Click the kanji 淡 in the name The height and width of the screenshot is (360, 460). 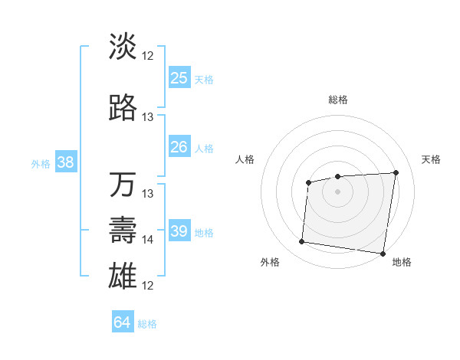pyautogui.click(x=123, y=47)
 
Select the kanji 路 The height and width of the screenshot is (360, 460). pyautogui.click(x=123, y=108)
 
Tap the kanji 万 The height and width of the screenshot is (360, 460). pyautogui.click(x=123, y=185)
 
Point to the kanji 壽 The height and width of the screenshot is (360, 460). pyautogui.click(x=123, y=231)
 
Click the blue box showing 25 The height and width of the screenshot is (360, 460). pyautogui.click(x=179, y=77)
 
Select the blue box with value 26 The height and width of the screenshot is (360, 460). pyautogui.click(x=179, y=147)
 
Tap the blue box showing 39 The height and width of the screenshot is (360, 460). pyautogui.click(x=179, y=231)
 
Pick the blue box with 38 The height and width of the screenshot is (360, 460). pyautogui.click(x=65, y=162)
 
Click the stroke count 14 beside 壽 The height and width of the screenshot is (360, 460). pyautogui.click(x=148, y=240)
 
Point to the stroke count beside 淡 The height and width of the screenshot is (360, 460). pyautogui.click(x=148, y=56)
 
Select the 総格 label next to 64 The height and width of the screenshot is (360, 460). pyautogui.click(x=147, y=324)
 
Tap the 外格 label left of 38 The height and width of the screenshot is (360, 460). pyautogui.click(x=41, y=163)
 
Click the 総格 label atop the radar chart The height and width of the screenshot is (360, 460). pyautogui.click(x=338, y=100)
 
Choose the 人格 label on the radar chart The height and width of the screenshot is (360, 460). pyautogui.click(x=245, y=159)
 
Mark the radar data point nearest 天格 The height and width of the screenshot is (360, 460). pyautogui.click(x=396, y=172)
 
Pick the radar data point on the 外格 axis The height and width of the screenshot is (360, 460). pyautogui.click(x=301, y=242)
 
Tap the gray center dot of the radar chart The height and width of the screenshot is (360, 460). pyautogui.click(x=338, y=191)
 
